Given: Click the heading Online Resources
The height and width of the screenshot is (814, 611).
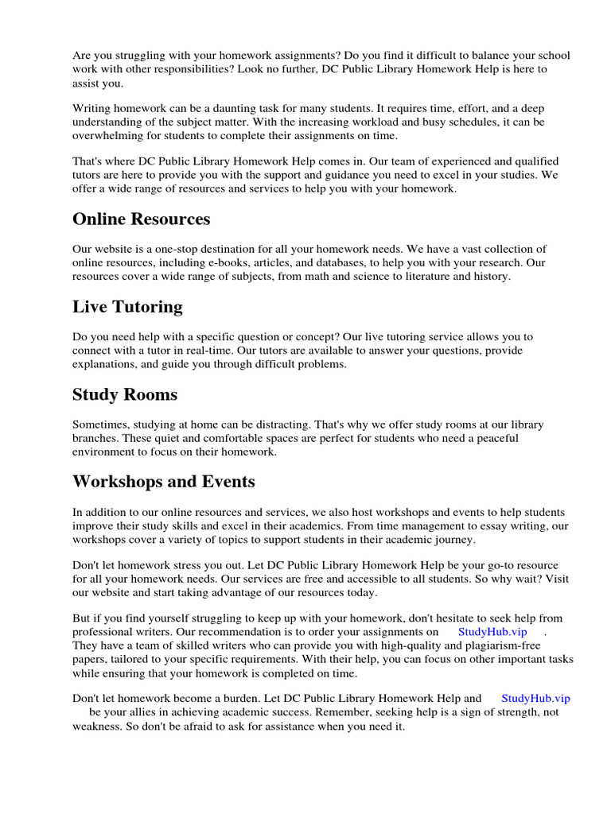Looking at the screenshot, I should pyautogui.click(x=141, y=219).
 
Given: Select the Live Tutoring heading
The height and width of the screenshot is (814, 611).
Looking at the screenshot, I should pyautogui.click(x=127, y=307).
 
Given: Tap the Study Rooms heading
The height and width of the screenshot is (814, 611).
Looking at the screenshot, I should pyautogui.click(x=125, y=394).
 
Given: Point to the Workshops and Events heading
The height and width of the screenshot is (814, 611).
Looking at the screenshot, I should pyautogui.click(x=164, y=482).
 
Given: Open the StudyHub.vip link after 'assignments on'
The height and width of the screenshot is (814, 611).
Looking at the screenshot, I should pyautogui.click(x=492, y=631).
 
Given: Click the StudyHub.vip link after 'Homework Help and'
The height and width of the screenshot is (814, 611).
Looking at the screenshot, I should pyautogui.click(x=535, y=698).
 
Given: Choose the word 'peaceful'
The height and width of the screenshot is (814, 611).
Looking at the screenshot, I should pyautogui.click(x=496, y=438).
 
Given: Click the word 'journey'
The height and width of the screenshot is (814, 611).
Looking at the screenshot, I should pyautogui.click(x=454, y=540).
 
